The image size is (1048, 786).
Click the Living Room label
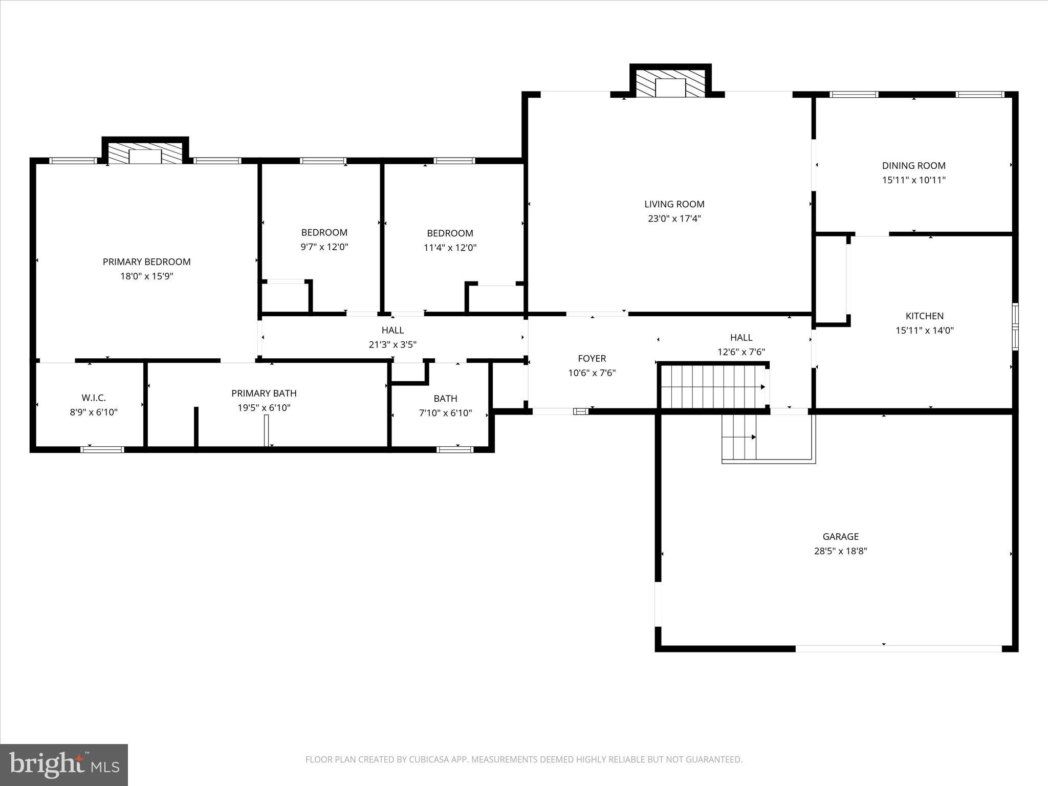[x=674, y=204]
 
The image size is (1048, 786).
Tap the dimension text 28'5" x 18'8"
[x=840, y=551]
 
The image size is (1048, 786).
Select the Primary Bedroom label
[x=146, y=262]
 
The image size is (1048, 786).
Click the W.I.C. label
[x=94, y=398]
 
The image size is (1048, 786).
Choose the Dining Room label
[x=913, y=166]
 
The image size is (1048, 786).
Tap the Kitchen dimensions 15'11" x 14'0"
[x=924, y=331]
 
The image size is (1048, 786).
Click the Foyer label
[x=592, y=359]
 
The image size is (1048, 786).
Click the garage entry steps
[x=739, y=438]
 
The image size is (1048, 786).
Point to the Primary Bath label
[x=264, y=394]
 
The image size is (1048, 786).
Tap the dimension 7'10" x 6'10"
[x=445, y=413]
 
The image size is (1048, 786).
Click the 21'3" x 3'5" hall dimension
[x=392, y=345]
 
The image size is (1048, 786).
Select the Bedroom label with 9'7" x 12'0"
[x=324, y=232]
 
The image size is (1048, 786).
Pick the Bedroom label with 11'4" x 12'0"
[x=450, y=233]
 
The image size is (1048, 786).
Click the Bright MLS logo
[x=64, y=765]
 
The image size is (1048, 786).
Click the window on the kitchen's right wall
[x=1015, y=326]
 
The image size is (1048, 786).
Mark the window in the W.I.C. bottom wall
[x=102, y=450]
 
